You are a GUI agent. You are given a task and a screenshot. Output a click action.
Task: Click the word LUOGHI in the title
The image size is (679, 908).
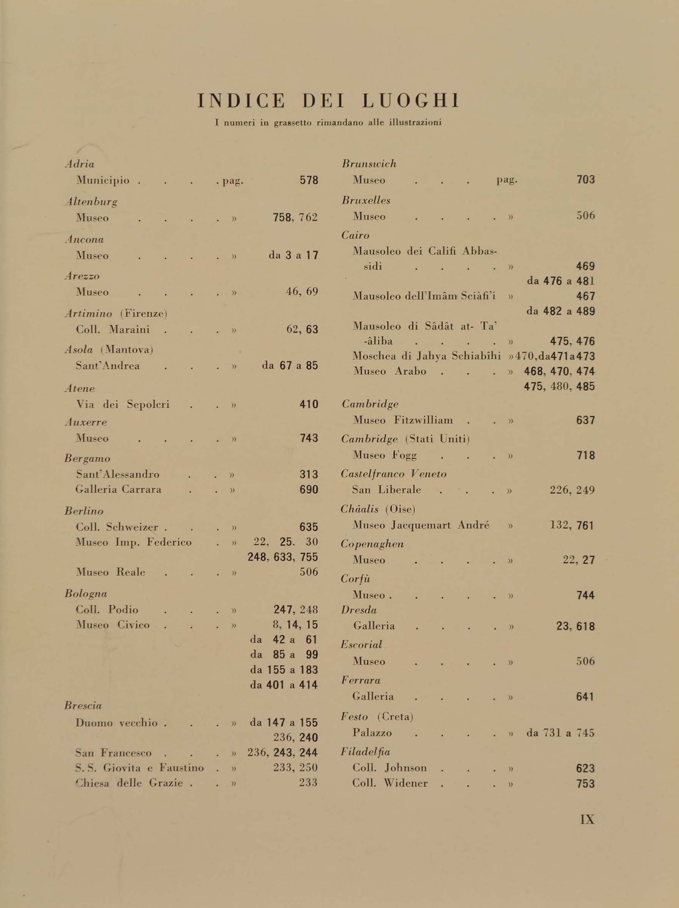click(x=410, y=101)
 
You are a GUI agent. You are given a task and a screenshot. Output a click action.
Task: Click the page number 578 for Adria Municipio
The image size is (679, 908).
click(x=309, y=180)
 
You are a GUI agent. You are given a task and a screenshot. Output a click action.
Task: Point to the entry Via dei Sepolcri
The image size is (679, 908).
click(x=123, y=405)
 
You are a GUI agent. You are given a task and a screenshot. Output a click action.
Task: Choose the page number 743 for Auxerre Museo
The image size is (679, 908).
click(x=309, y=438)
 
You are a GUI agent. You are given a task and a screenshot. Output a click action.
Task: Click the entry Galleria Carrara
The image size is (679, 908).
click(x=118, y=489)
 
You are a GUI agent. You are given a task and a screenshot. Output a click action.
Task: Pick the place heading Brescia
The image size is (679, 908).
click(x=83, y=706)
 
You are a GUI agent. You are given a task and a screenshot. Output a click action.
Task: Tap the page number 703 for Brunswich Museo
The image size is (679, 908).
click(x=585, y=180)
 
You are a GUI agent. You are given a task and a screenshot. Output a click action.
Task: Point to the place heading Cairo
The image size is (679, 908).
click(x=355, y=236)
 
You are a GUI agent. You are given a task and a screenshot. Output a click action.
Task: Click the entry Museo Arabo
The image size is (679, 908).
click(x=389, y=371)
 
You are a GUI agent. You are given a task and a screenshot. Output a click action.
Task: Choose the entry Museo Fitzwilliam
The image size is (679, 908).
click(x=403, y=420)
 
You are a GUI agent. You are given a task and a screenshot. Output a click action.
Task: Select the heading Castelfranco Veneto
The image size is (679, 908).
click(x=393, y=474)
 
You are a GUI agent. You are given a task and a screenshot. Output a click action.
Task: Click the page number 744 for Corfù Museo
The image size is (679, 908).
click(x=585, y=595)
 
